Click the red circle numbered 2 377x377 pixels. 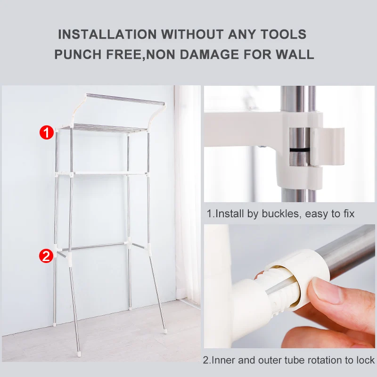click(46, 256)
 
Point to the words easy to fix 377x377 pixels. click(330, 214)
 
